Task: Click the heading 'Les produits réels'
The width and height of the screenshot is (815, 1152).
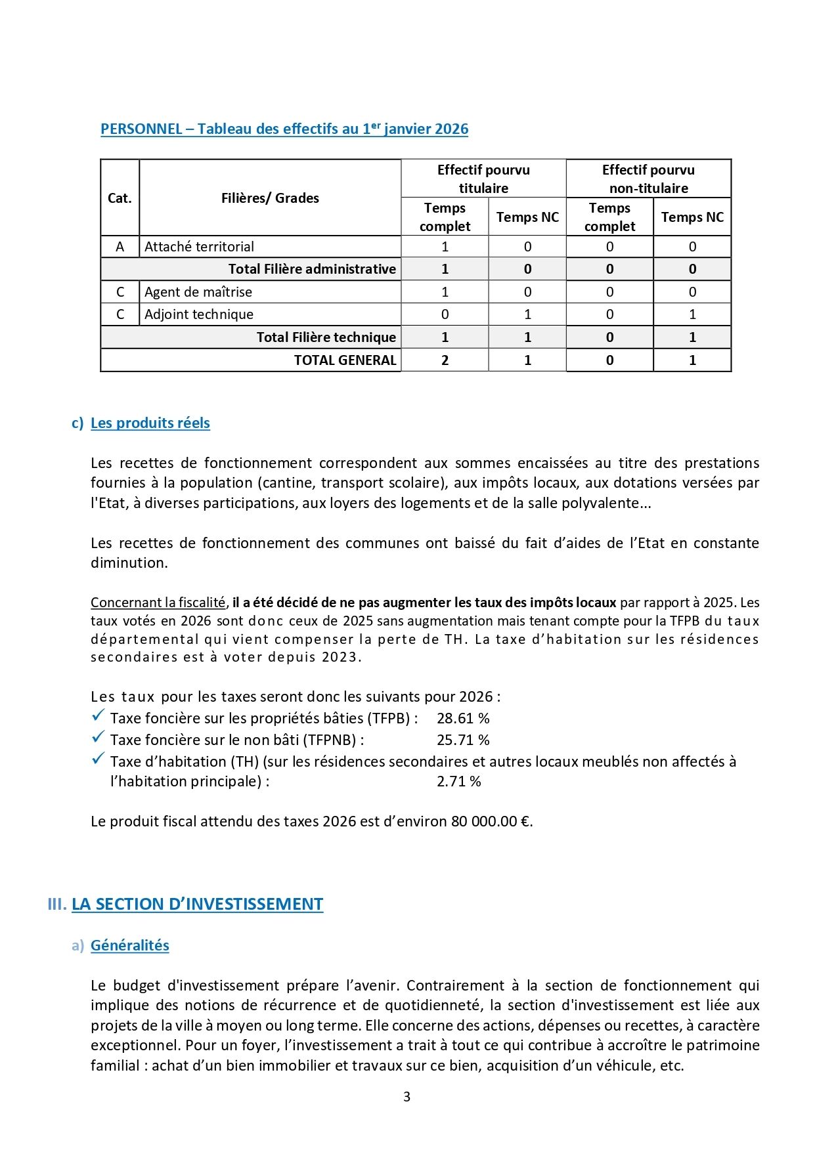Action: pyautogui.click(x=150, y=423)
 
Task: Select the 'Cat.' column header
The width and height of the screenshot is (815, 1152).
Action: pyautogui.click(x=120, y=198)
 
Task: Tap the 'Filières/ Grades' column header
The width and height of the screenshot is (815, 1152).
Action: pyautogui.click(x=270, y=198)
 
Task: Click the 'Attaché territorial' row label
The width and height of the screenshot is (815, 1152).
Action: pyautogui.click(x=199, y=247)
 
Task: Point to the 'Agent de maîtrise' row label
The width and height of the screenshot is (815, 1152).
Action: pyautogui.click(x=198, y=292)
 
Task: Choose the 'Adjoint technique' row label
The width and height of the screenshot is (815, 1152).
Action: pyautogui.click(x=198, y=314)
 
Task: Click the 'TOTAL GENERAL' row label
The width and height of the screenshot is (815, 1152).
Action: pyautogui.click(x=345, y=360)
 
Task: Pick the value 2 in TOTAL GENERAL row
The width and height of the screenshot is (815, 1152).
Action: pyautogui.click(x=445, y=360)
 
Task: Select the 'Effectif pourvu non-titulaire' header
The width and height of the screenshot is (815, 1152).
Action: pyautogui.click(x=648, y=179)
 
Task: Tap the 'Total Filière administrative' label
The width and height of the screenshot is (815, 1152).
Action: pyautogui.click(x=312, y=269)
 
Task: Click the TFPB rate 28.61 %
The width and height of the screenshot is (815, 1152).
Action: pyautogui.click(x=463, y=719)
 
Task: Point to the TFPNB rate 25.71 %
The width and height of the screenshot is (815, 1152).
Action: pyautogui.click(x=463, y=740)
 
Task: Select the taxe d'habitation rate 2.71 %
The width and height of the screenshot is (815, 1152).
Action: pyautogui.click(x=458, y=782)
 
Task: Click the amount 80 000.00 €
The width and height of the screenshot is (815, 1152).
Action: pyautogui.click(x=491, y=822)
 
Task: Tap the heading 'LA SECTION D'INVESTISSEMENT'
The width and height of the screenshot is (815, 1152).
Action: pyautogui.click(x=197, y=905)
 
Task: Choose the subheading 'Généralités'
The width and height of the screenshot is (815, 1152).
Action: pyautogui.click(x=129, y=946)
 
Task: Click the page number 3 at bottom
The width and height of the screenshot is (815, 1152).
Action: pyautogui.click(x=407, y=1097)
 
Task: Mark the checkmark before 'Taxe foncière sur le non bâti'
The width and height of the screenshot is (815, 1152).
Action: pyautogui.click(x=99, y=738)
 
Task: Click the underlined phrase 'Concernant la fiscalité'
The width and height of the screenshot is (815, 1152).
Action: pyautogui.click(x=158, y=603)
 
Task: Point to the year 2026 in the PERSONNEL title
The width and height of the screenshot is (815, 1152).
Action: pyautogui.click(x=451, y=129)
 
